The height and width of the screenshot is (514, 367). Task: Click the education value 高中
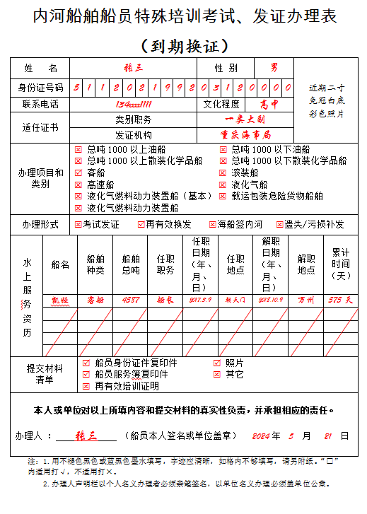[x=269, y=104]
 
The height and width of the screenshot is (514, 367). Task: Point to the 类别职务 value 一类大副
[x=244, y=119]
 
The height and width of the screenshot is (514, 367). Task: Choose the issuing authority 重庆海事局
[x=244, y=134]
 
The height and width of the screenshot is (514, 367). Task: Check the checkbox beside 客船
[x=78, y=172]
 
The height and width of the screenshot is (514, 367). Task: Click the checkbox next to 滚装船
[x=223, y=172]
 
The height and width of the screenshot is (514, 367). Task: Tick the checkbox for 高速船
[x=78, y=184]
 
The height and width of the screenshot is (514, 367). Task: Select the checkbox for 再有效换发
[x=141, y=224]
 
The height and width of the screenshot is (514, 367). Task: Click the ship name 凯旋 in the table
[x=60, y=300]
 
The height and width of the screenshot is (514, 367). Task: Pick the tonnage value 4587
[x=131, y=300]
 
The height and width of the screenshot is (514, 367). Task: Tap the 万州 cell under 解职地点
[x=306, y=300]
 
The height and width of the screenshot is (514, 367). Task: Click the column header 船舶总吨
[x=131, y=264]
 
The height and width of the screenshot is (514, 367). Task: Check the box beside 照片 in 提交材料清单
[x=217, y=363]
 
